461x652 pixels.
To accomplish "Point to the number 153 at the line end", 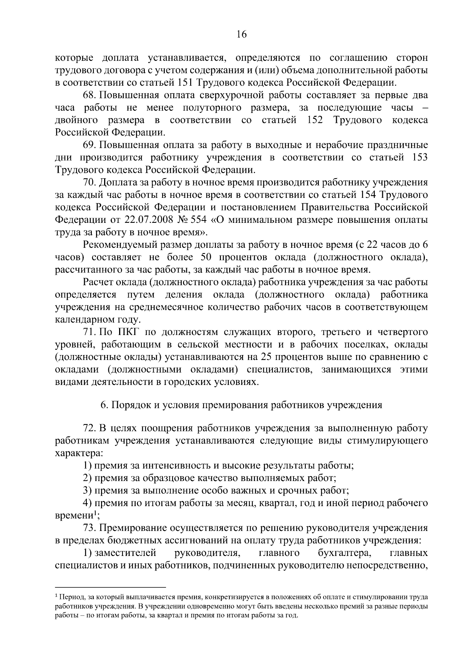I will click(420, 158).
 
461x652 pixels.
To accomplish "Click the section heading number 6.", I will click(103, 405).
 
